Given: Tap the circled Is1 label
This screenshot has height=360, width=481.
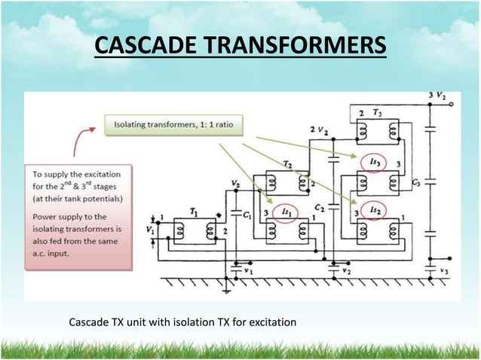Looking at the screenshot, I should [x=284, y=212].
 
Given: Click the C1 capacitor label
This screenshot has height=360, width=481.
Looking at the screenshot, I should [x=247, y=215].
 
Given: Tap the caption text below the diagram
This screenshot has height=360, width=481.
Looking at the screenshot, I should [x=182, y=323].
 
